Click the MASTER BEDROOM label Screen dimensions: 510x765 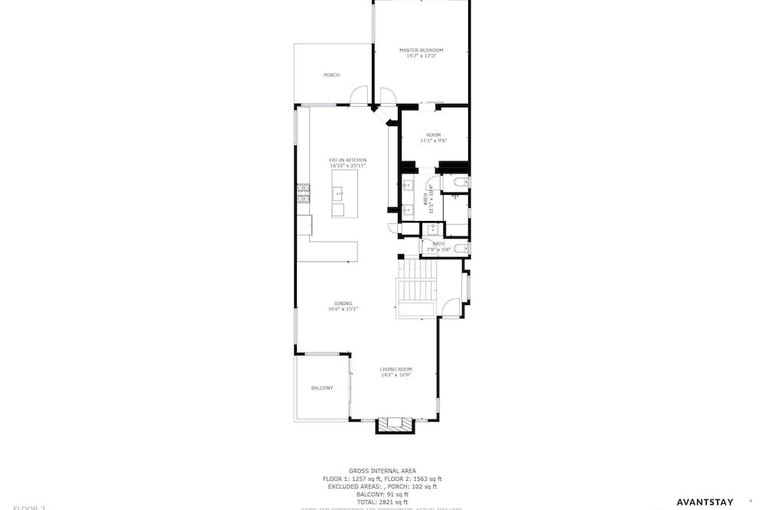point(421,50)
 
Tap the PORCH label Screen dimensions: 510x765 point(331,75)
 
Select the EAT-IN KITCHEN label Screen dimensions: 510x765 point(348,160)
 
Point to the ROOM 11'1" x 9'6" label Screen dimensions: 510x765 point(433,135)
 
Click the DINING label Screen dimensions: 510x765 point(343,304)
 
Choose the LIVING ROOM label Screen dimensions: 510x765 point(396,369)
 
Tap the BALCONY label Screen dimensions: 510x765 point(322,388)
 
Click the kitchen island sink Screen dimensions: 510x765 point(338,195)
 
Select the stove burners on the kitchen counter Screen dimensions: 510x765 point(303,195)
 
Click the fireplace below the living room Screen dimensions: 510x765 point(394,424)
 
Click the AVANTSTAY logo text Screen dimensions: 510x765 point(705,502)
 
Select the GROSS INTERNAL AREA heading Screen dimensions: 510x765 point(382,471)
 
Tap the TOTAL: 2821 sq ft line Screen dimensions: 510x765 point(382,502)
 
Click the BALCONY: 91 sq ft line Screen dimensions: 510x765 point(382,494)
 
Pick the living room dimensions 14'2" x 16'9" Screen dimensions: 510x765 point(396,375)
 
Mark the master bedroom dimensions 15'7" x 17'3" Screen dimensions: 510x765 point(421,56)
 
